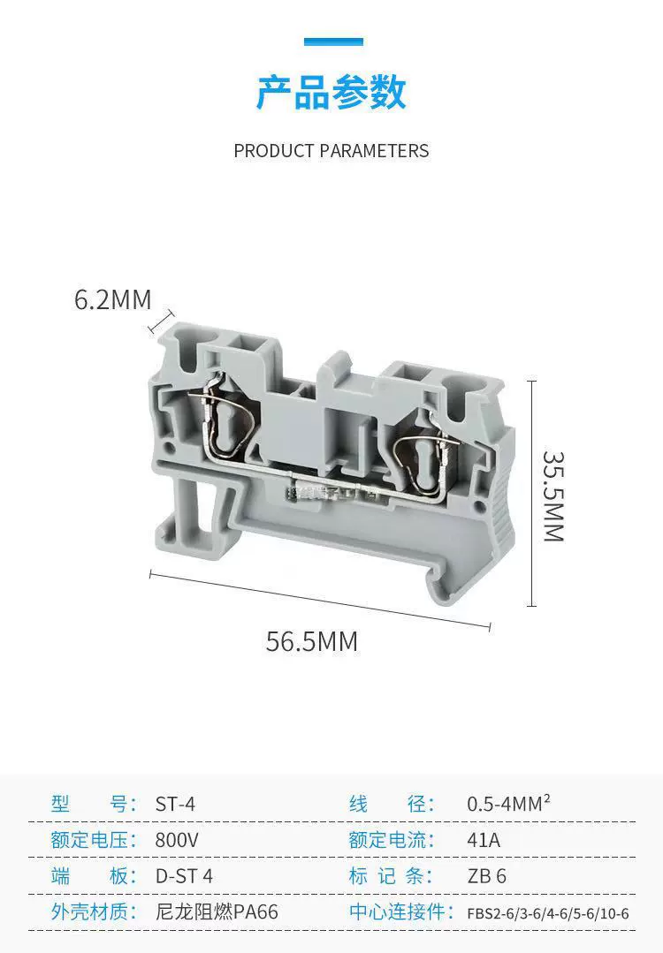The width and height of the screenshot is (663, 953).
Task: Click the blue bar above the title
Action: point(333,42)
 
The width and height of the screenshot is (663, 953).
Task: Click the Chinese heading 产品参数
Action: point(331,93)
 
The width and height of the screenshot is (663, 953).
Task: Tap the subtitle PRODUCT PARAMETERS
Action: point(331,151)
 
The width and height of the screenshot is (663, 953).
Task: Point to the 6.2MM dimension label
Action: point(112,299)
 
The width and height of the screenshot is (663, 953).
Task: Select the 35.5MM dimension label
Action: point(553,496)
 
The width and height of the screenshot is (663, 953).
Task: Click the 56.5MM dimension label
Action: point(312,642)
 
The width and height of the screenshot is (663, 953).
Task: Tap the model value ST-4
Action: point(175,804)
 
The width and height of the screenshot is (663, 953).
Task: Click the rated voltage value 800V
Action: point(177,840)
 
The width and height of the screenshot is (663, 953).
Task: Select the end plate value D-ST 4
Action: point(184,876)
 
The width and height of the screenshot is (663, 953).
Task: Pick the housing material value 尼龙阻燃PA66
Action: point(217,911)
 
